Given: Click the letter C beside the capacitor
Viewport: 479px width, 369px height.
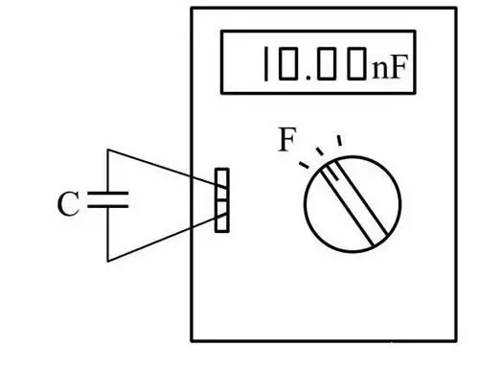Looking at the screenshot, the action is (x=68, y=204).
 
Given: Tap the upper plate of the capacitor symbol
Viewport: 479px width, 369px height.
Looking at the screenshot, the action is (x=108, y=194).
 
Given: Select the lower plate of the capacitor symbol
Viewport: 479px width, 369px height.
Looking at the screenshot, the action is (x=108, y=206).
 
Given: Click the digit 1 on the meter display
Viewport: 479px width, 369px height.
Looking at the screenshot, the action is (x=265, y=63).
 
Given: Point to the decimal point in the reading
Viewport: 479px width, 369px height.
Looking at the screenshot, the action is (x=308, y=78).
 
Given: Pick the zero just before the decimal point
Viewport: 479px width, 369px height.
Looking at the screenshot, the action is (x=288, y=63).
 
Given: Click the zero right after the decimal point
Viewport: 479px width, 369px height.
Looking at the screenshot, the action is (x=327, y=63).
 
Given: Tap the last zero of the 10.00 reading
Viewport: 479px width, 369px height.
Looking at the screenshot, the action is (x=356, y=63).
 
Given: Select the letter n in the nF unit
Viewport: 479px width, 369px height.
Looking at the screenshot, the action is (x=379, y=70).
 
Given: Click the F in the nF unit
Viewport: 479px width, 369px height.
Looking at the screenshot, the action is (x=398, y=67).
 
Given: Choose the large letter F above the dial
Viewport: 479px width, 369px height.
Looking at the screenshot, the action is (x=287, y=139).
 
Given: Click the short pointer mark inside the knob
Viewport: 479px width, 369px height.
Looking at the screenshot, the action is (x=330, y=173).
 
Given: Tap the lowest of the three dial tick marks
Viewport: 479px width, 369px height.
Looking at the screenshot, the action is (x=304, y=165).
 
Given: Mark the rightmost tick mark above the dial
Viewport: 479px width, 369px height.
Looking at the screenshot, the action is (x=340, y=140).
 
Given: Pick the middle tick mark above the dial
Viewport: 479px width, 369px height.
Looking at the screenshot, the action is (x=320, y=151).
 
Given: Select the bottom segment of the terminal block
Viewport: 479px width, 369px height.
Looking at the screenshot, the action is (x=222, y=223).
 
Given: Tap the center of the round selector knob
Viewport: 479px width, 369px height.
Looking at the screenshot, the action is (x=353, y=204).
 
